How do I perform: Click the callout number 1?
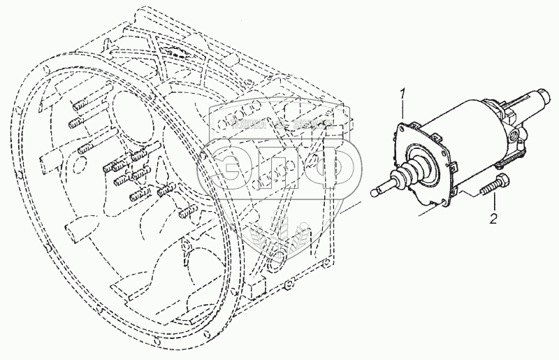(402, 94)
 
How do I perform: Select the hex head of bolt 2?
(502, 182)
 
